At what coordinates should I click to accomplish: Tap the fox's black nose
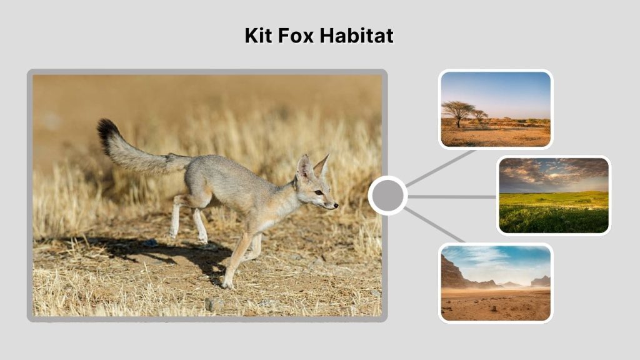coord(336,204)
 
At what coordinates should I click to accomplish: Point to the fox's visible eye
coord(318,192)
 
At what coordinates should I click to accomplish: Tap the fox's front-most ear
coord(306,167)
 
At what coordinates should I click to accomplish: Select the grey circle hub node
coord(387,196)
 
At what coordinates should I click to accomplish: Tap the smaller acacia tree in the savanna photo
coord(480,115)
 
